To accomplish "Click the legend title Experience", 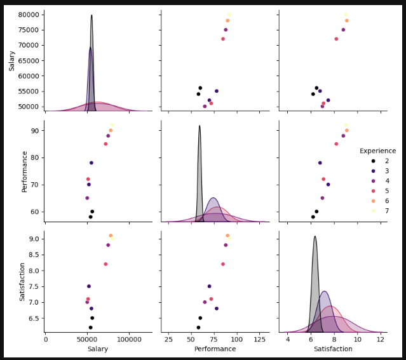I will point(377,151).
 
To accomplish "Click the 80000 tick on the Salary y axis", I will point(30,15).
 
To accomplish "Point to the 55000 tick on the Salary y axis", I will point(30,91).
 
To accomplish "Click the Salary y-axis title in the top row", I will point(12,61).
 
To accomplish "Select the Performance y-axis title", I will point(25,171).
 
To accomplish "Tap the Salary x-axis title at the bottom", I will point(98,349).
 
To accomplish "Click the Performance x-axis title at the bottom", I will point(215,349).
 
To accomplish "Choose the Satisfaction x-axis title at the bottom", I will point(332,349).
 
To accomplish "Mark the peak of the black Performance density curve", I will point(200,126).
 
